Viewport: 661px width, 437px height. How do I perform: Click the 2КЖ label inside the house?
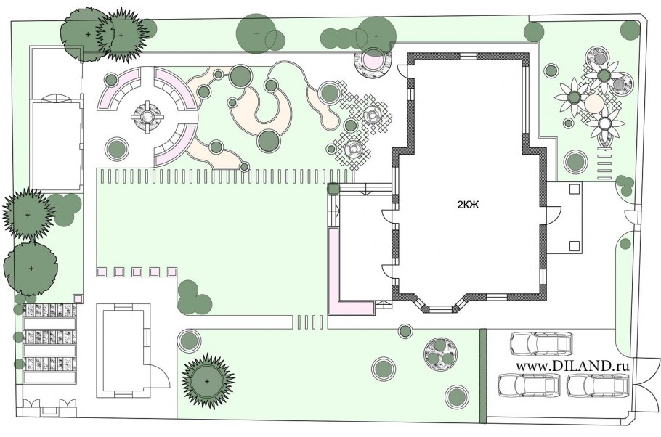coord(468,205)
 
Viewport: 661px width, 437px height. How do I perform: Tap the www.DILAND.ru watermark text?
coord(572,366)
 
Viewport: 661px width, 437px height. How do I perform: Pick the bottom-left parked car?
coord(529,384)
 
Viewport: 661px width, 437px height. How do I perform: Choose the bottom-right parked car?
coord(598,384)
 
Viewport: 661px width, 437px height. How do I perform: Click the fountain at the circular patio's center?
coord(147,116)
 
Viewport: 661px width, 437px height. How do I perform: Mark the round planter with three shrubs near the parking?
coord(440,354)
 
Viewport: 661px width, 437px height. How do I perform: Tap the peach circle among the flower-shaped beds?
coord(594,102)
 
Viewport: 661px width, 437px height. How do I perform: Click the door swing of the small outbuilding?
coord(161,375)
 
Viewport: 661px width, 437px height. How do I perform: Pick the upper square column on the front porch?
coord(573,189)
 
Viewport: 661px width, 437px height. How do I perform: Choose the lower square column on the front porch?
coord(573,245)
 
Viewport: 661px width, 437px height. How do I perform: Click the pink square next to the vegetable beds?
coord(78,298)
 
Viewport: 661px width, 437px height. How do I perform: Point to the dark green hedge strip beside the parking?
coord(483,376)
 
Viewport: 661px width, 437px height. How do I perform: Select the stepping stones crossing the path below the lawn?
coord(311,322)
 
